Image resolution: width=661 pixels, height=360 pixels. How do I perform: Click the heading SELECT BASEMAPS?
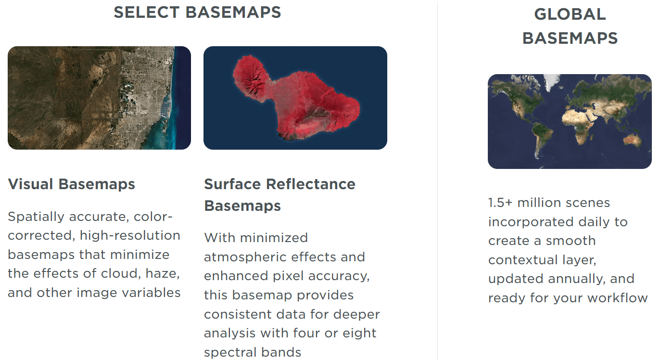pos(197,13)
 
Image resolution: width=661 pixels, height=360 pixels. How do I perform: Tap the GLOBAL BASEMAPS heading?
pos(570,26)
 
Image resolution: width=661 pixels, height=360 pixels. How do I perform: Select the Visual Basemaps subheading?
pos(71,184)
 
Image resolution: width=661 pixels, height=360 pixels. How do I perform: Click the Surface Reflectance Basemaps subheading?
pos(280,194)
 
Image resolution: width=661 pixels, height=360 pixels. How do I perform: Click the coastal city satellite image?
pos(100,98)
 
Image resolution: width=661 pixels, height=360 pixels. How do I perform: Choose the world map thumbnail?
pos(570,121)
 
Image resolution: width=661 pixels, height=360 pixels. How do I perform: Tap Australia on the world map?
pos(632,140)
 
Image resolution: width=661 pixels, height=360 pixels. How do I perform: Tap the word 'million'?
pos(539,203)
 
